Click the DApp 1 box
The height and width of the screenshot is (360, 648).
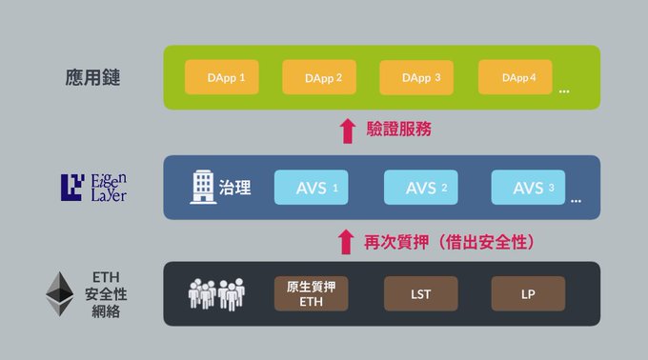tap(222, 77)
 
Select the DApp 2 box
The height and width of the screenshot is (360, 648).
tap(319, 77)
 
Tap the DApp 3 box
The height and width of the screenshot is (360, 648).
tap(416, 77)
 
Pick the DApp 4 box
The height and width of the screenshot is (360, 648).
tap(516, 77)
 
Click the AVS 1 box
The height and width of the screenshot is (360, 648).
tap(312, 188)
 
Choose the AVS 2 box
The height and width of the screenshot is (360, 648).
tap(420, 188)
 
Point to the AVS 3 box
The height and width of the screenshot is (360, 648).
tap(528, 188)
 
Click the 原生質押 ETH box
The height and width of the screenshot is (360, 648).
tap(312, 293)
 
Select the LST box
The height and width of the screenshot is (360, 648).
tap(420, 293)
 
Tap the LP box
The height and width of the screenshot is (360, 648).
tap(528, 293)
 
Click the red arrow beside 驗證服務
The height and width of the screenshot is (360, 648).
tap(348, 130)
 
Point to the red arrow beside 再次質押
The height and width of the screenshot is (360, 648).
tap(346, 242)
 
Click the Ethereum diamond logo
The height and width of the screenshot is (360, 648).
tap(59, 293)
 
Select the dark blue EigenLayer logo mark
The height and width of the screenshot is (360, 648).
tap(72, 188)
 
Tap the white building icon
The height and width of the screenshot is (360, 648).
tap(203, 187)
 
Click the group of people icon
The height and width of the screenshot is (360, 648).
tap(216, 294)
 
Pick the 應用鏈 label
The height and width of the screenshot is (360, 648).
tap(92, 77)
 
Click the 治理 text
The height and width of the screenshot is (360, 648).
tap(234, 188)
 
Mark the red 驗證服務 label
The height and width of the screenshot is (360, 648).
tap(398, 129)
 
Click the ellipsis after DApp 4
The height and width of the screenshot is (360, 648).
tap(564, 90)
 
